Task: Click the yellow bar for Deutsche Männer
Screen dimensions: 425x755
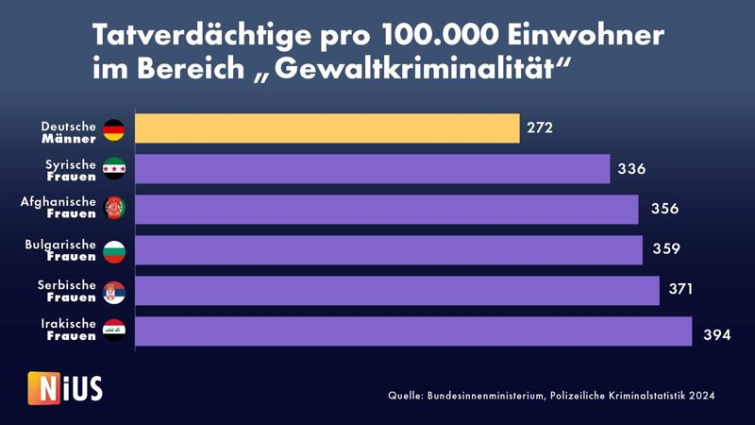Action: click(327, 128)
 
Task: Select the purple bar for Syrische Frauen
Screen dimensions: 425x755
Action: click(373, 169)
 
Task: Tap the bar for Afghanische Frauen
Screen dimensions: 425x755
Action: click(387, 210)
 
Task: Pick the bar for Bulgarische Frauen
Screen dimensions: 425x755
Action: click(389, 250)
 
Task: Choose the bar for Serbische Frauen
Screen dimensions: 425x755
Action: click(397, 291)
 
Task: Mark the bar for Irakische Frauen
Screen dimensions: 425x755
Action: click(413, 331)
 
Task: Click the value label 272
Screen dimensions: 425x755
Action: click(540, 128)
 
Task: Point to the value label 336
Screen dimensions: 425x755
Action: click(630, 169)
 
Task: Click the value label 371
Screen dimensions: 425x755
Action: click(679, 291)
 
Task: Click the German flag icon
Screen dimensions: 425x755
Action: click(113, 129)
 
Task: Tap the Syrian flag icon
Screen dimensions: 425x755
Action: click(113, 170)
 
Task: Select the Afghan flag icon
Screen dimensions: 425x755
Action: click(113, 211)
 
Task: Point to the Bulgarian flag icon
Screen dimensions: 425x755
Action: click(113, 251)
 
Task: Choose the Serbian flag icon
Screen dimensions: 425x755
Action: click(113, 292)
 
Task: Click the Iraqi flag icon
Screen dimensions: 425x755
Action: click(113, 331)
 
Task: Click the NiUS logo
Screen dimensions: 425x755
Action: click(65, 387)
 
